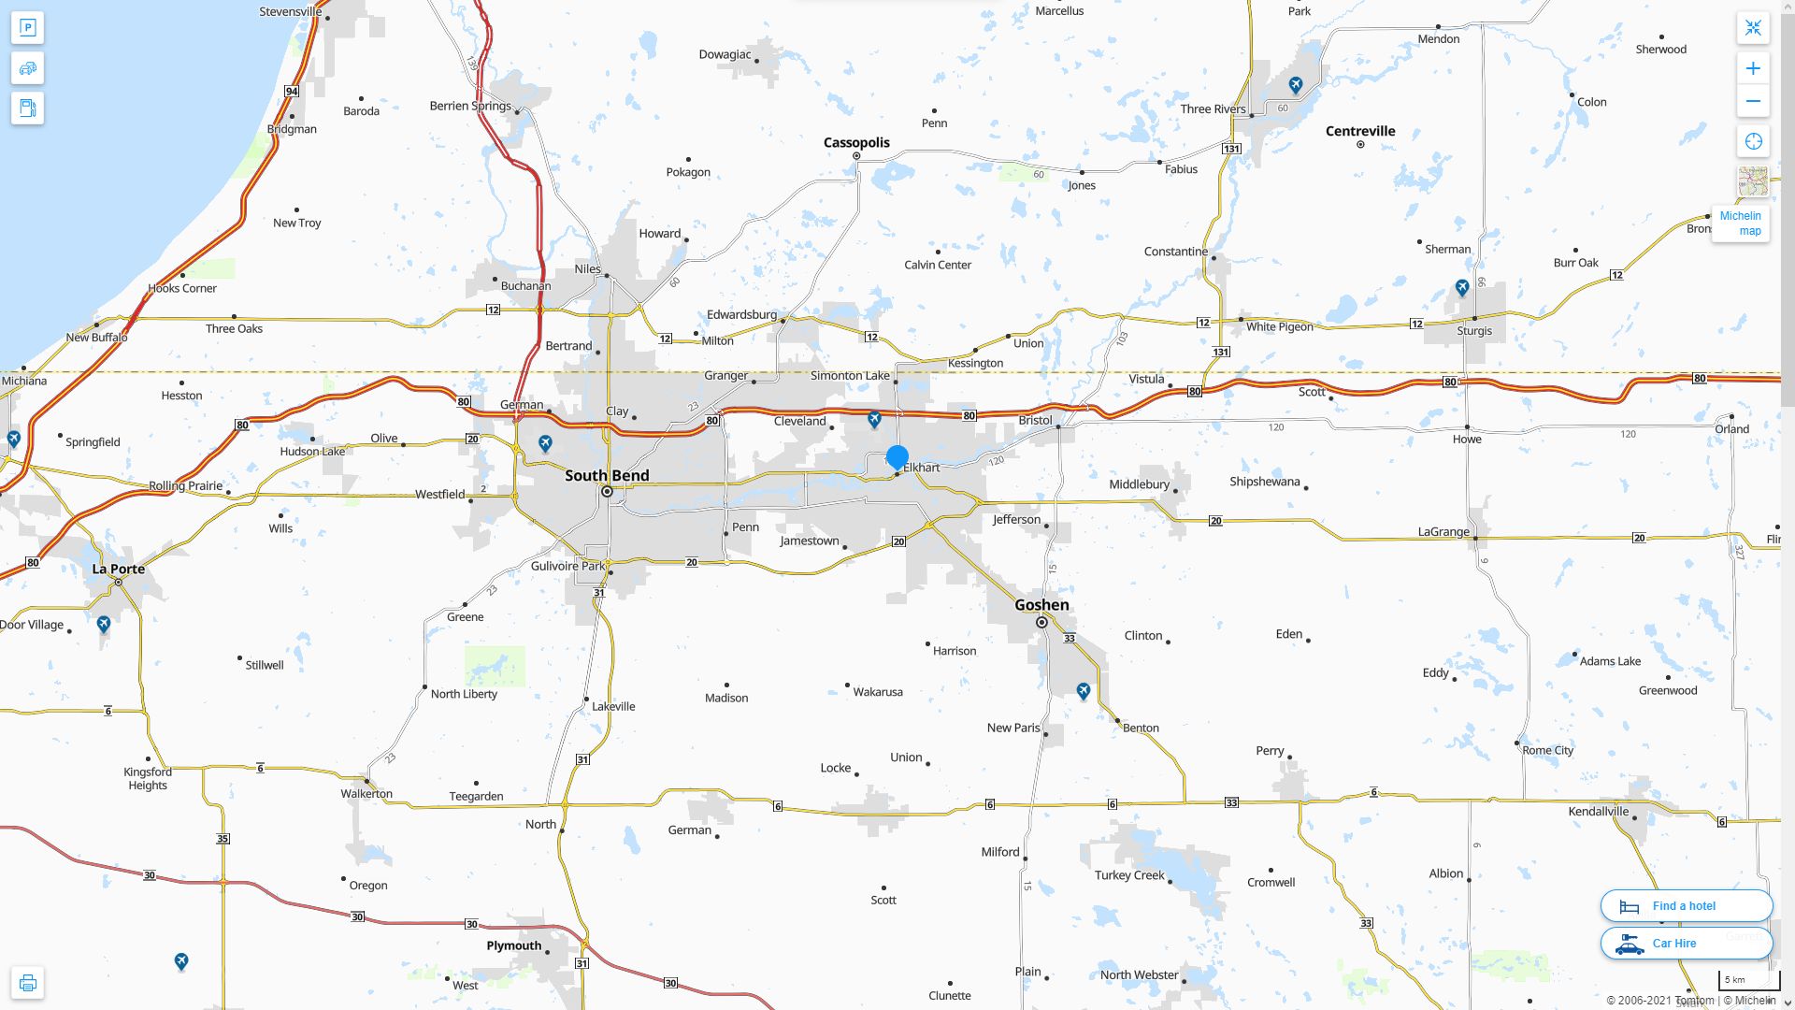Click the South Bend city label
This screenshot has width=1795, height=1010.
pyautogui.click(x=607, y=475)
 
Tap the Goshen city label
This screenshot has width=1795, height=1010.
pyautogui.click(x=1041, y=604)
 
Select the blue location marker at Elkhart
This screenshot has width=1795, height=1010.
pyautogui.click(x=897, y=457)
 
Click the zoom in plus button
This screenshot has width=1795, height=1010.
pyautogui.click(x=1753, y=68)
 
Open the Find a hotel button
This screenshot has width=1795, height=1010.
pyautogui.click(x=1686, y=905)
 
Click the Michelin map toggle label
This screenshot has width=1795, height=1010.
pyautogui.click(x=1740, y=223)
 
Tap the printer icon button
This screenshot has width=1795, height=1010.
pyautogui.click(x=27, y=983)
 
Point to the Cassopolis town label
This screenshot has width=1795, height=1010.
pyautogui.click(x=856, y=142)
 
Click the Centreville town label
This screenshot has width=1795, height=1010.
pyautogui.click(x=1360, y=131)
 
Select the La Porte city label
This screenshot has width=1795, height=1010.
pyautogui.click(x=119, y=569)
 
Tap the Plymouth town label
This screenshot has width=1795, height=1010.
pyautogui.click(x=514, y=945)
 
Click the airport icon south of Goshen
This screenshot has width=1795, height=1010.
pyautogui.click(x=1083, y=691)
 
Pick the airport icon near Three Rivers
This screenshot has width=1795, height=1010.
pyautogui.click(x=1295, y=85)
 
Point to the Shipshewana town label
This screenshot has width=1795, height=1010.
pyautogui.click(x=1264, y=482)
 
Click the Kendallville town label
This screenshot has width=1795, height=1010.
pyautogui.click(x=1598, y=811)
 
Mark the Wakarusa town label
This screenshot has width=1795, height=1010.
pyautogui.click(x=878, y=692)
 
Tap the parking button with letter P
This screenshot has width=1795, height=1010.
pyautogui.click(x=27, y=28)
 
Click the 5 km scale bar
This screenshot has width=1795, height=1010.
pyautogui.click(x=1748, y=981)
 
